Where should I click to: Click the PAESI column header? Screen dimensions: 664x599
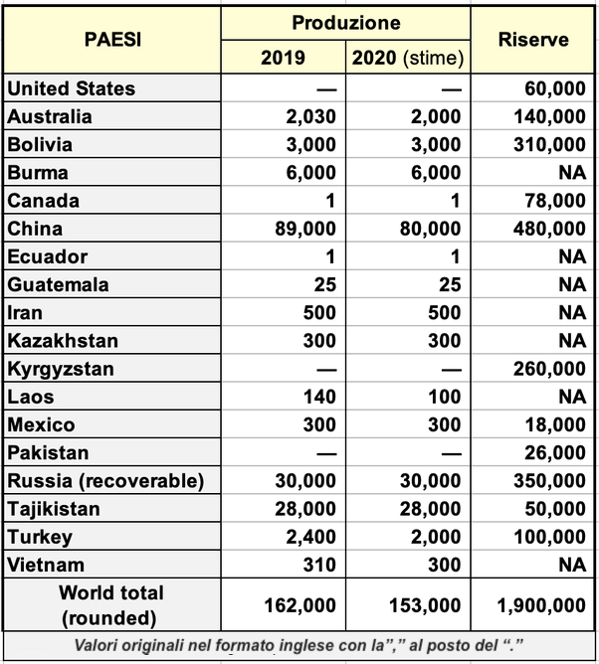pos(111,40)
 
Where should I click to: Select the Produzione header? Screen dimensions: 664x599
pos(346,23)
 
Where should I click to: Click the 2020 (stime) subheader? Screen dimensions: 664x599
pos(408,58)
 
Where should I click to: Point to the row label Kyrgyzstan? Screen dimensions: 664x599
pos(60,369)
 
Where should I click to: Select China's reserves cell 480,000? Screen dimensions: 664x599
pos(547,229)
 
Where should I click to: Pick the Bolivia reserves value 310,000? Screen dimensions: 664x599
pos(547,144)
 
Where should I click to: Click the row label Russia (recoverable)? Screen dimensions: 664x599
pos(105,481)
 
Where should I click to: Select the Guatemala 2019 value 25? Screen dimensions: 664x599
pos(324,284)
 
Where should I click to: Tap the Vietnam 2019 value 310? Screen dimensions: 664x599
pos(319,565)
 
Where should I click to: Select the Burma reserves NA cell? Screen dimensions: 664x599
pos(571,172)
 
